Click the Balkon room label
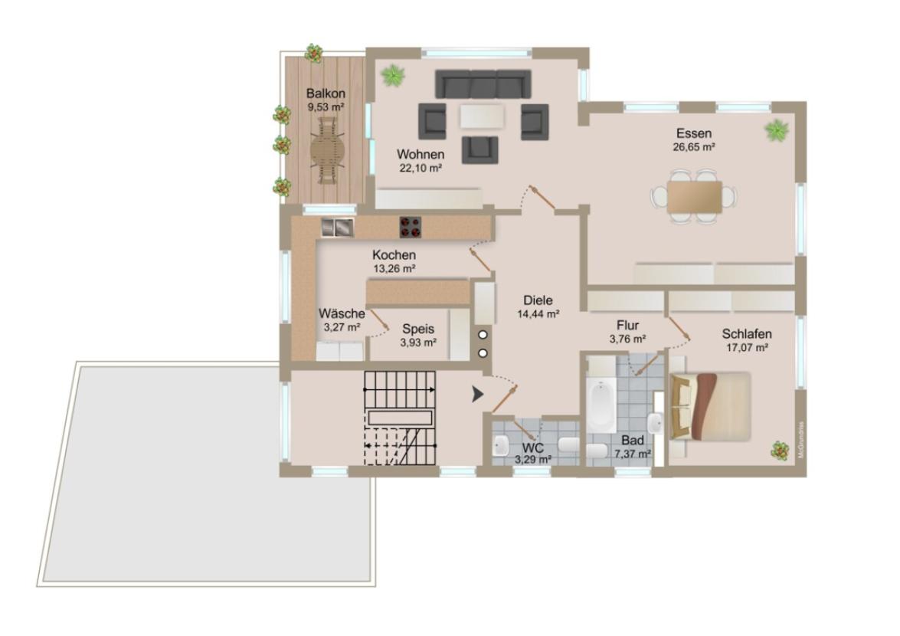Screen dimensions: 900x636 click(x=326, y=93)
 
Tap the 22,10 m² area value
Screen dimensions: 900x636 click(x=421, y=168)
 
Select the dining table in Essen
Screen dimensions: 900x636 click(x=694, y=196)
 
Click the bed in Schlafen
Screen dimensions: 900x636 click(x=711, y=407)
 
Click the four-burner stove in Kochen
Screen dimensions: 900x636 click(x=411, y=228)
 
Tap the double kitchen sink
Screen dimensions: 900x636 click(x=337, y=228)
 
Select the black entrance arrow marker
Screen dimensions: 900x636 click(x=477, y=395)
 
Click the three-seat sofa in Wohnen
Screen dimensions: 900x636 click(x=483, y=84)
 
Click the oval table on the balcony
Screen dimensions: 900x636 click(x=328, y=151)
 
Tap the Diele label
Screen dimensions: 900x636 click(x=538, y=300)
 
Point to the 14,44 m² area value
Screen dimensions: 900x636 click(x=538, y=314)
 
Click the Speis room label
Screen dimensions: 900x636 click(x=418, y=329)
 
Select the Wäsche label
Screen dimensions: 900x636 click(x=342, y=313)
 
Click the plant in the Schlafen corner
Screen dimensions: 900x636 click(x=780, y=450)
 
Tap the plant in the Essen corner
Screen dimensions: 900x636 click(x=776, y=130)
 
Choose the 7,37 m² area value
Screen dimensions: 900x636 click(x=633, y=454)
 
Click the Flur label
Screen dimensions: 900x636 click(x=628, y=326)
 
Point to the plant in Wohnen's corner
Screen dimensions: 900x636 click(x=393, y=74)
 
